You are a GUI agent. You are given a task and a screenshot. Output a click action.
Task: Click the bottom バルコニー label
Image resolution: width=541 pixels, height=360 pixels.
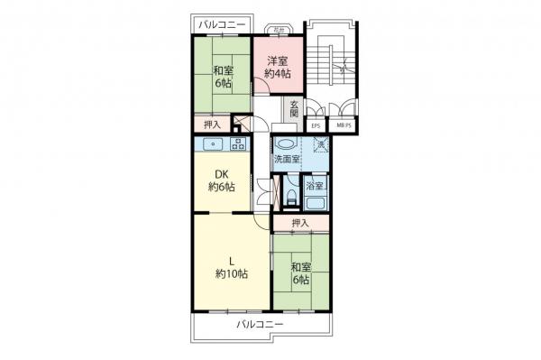pos(260,323)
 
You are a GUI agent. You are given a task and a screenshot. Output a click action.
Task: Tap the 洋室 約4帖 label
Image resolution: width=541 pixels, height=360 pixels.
pos(278,68)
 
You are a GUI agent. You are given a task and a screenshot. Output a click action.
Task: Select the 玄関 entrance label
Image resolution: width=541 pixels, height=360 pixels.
pos(295,109)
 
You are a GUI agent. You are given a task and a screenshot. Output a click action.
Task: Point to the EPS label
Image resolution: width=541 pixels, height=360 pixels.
pos(316,125)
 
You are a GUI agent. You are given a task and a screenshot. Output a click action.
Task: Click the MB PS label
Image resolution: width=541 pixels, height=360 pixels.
pos(344,125)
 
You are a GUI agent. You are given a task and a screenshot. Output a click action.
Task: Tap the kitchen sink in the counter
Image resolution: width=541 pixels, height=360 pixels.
pos(215,143)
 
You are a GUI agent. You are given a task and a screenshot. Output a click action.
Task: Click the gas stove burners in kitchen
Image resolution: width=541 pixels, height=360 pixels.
pos(239,143)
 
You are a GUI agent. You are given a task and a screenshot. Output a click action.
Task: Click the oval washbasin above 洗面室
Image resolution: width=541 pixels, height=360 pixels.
pos(286,143)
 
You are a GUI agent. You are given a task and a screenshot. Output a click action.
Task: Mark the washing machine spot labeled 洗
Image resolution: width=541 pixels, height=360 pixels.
pos(320,143)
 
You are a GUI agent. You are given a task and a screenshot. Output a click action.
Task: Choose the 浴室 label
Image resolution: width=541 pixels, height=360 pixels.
pos(316,184)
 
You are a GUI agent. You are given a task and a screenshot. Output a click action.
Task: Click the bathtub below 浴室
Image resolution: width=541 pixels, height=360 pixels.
pos(316,200)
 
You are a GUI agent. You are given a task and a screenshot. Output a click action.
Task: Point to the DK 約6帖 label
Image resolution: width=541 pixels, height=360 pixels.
pos(221,180)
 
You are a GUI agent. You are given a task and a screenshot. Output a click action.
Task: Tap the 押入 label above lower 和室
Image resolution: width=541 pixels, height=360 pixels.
pos(301,223)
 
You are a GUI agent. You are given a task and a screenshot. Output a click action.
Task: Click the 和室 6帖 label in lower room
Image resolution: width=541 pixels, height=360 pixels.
pos(301,273)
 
